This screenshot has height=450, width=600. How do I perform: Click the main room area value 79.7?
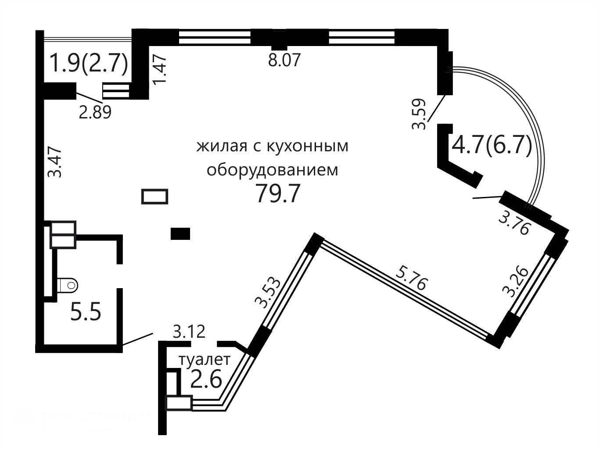point(277,193)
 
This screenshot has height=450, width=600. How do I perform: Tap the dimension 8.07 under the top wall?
point(284,60)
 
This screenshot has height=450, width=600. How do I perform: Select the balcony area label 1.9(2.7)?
point(90,63)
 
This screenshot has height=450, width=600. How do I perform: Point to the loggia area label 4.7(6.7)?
point(492,146)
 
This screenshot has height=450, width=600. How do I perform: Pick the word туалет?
point(205,360)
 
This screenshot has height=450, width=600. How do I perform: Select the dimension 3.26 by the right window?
point(514,282)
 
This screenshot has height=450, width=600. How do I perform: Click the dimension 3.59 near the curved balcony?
point(419,114)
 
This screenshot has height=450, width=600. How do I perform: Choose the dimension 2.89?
point(95,112)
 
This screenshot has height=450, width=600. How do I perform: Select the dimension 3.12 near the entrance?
point(189,332)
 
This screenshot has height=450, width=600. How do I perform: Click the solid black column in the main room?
point(180,234)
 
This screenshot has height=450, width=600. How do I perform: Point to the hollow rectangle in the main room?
point(154,196)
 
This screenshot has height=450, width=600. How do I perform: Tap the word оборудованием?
point(273,170)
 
